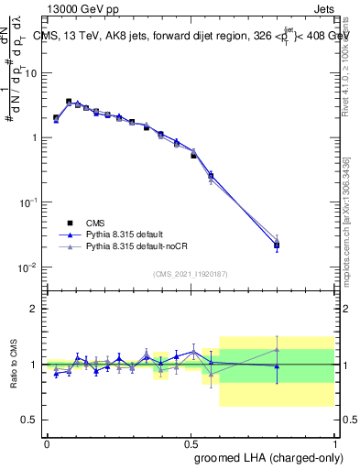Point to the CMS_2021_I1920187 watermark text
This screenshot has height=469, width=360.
click(x=191, y=273)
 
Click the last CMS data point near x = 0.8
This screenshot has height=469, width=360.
click(x=277, y=245)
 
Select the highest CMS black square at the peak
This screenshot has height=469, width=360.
click(x=69, y=102)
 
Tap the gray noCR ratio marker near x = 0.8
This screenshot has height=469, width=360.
click(x=277, y=349)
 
